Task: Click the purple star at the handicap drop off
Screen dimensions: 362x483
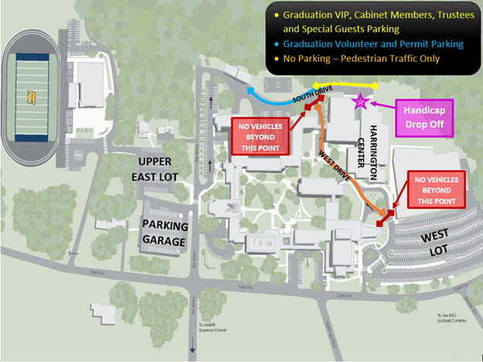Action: click(360, 101)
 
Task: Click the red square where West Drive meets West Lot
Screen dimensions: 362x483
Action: click(389, 213)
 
